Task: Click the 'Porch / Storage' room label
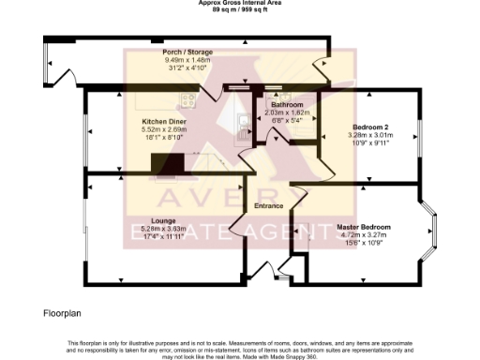[187, 52]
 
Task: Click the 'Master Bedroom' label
[363, 226]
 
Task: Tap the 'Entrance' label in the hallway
[269, 205]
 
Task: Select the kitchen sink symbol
[241, 120]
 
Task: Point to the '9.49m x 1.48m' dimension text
[187, 60]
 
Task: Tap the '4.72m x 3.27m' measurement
[363, 234]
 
